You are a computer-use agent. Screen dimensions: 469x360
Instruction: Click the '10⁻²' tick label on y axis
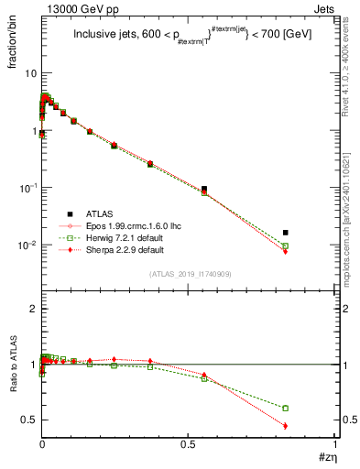pyautogui.click(x=27, y=245)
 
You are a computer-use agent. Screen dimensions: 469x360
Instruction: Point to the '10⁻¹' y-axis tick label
pyautogui.click(x=27, y=187)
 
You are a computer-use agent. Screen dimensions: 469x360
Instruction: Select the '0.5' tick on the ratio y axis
pyautogui.click(x=28, y=420)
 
